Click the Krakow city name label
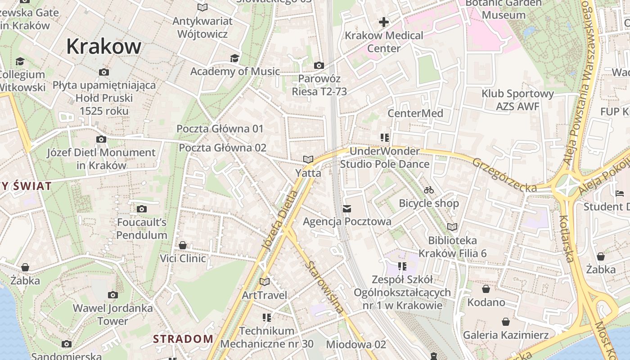click(104, 46)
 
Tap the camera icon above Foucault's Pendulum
click(142, 209)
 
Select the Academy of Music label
click(235, 72)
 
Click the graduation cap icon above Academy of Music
click(234, 58)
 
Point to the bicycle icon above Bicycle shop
click(429, 190)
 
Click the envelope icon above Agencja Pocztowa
click(347, 208)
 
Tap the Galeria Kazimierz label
click(506, 335)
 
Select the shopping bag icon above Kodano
click(486, 288)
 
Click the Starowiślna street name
click(324, 286)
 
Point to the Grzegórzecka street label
click(504, 175)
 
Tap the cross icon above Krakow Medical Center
click(384, 22)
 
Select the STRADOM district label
click(183, 339)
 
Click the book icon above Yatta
click(308, 159)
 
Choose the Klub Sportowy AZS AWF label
click(517, 100)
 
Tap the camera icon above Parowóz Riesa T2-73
click(319, 66)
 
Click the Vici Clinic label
click(183, 258)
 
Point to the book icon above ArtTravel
click(265, 282)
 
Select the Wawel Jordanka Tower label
click(113, 315)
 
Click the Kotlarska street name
click(566, 238)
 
